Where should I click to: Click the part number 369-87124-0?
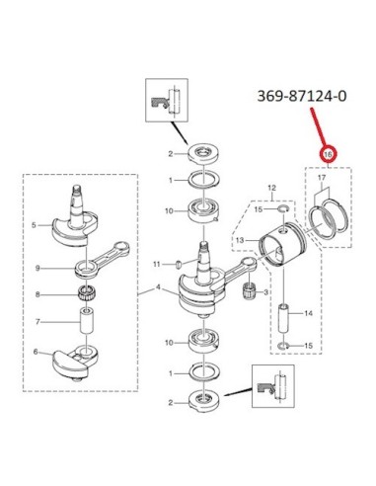point(302,96)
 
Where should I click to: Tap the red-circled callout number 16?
point(329,154)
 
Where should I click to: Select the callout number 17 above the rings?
point(322,178)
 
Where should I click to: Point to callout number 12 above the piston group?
point(272,189)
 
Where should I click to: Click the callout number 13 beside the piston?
point(240,240)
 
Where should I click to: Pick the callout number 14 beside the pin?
point(308,313)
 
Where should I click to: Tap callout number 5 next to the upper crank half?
point(34,225)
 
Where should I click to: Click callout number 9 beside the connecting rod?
point(38,269)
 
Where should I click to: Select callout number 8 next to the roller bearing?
point(38,294)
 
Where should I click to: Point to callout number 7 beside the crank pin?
point(38,321)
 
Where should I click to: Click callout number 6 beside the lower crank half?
point(36,352)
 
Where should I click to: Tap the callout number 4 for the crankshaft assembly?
point(158,287)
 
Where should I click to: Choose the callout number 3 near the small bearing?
point(265,292)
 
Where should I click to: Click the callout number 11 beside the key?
point(157,264)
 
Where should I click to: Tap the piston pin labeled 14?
point(284,318)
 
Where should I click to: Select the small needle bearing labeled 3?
point(252,290)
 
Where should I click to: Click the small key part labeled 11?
point(180,264)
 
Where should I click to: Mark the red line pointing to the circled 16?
point(318,128)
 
